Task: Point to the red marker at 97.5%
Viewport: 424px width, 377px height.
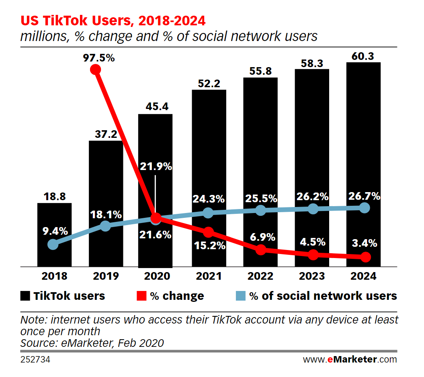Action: point(95,70)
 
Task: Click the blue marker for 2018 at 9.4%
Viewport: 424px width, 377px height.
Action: point(53,244)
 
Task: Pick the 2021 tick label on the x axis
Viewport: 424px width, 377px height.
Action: point(209,277)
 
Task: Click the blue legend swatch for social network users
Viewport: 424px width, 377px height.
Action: point(240,296)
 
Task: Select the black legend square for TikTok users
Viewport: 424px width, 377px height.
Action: point(25,296)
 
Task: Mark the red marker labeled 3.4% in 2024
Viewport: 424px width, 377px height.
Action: point(365,257)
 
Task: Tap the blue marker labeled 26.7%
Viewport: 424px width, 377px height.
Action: point(364,208)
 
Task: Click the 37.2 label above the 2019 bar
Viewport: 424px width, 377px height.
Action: point(106,134)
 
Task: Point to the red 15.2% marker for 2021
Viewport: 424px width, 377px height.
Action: point(208,232)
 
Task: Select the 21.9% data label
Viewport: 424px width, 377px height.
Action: point(156,166)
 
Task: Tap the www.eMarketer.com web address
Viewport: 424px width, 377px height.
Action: point(350,359)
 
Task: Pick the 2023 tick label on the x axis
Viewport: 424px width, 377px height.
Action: point(312,277)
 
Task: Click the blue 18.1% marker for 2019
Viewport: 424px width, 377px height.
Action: point(105,226)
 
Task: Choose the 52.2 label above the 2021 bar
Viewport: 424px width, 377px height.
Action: point(209,83)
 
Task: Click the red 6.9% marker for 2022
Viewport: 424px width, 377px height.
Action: point(261,250)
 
